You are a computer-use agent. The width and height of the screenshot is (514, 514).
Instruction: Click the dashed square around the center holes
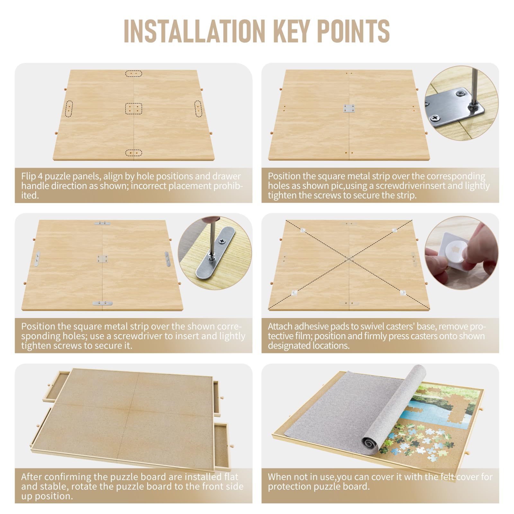(x=133, y=109)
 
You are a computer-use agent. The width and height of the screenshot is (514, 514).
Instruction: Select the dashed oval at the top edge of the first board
(x=133, y=74)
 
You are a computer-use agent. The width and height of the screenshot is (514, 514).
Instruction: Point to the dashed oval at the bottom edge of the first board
(x=134, y=153)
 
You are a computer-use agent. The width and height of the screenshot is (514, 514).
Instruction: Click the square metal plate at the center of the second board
(x=349, y=109)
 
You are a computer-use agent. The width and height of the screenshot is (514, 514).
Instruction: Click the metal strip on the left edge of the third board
(x=38, y=259)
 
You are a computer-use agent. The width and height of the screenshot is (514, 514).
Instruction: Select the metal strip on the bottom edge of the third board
(x=102, y=303)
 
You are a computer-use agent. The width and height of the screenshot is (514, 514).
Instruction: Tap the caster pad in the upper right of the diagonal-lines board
(x=395, y=230)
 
